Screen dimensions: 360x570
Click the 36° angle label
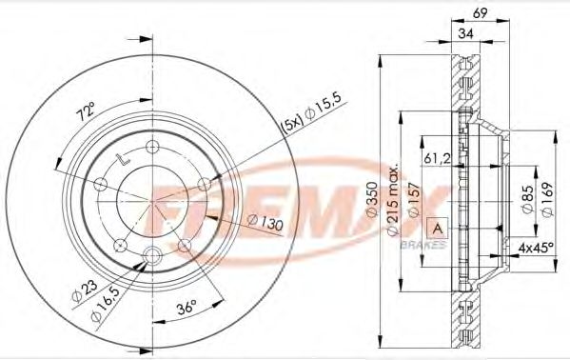tap(186, 307)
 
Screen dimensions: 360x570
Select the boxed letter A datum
tap(438, 228)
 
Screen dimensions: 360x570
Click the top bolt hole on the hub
tap(152, 146)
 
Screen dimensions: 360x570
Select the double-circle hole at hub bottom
tap(152, 253)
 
